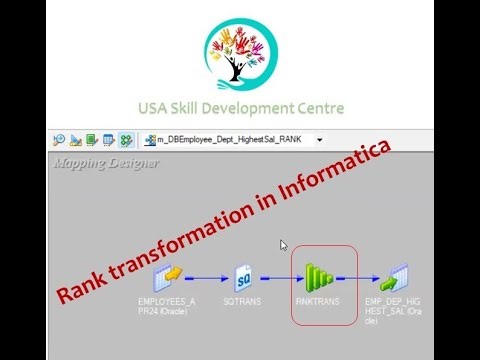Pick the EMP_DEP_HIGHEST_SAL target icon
pyautogui.click(x=397, y=277)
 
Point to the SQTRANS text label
pyautogui.click(x=243, y=300)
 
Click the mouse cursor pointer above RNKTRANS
pyautogui.click(x=284, y=244)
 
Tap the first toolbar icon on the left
pyautogui.click(x=59, y=140)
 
